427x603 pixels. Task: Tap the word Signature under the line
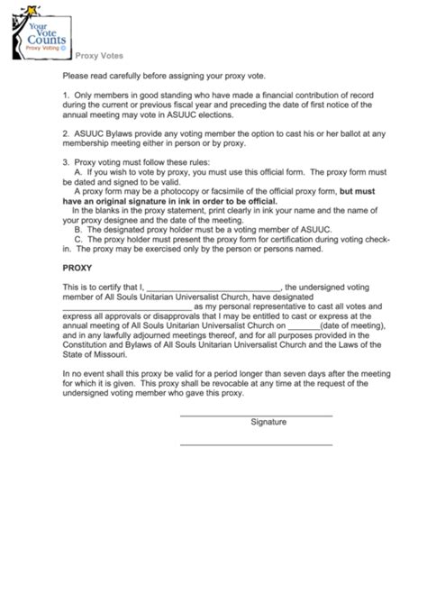[268, 422]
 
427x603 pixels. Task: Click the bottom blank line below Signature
[256, 444]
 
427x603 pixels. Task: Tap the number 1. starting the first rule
[66, 93]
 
